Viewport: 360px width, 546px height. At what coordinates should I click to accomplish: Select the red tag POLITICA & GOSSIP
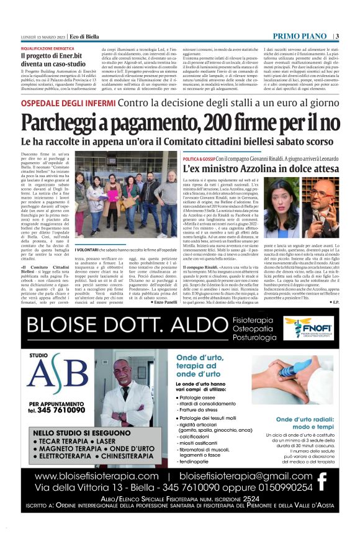point(199,159)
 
